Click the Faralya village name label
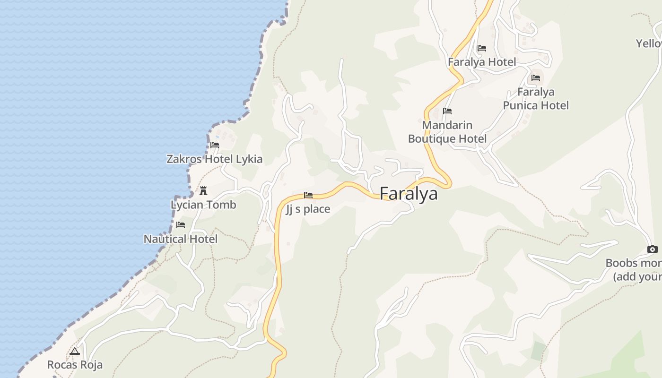[409, 194]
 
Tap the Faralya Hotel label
[482, 62]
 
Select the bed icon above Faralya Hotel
[482, 48]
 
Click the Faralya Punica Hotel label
[536, 98]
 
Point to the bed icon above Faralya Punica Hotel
[536, 77]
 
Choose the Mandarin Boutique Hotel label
[447, 132]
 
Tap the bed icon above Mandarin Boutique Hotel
[447, 111]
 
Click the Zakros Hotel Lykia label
[214, 159]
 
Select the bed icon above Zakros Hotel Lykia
[215, 145]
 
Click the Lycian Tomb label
[203, 205]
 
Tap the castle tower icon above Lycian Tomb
[203, 191]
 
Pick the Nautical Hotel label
[181, 239]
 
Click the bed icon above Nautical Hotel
[181, 225]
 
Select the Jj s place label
[308, 209]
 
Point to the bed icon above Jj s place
[308, 195]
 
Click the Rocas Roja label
[75, 365]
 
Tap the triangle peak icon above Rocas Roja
[75, 352]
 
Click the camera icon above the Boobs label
[652, 249]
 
